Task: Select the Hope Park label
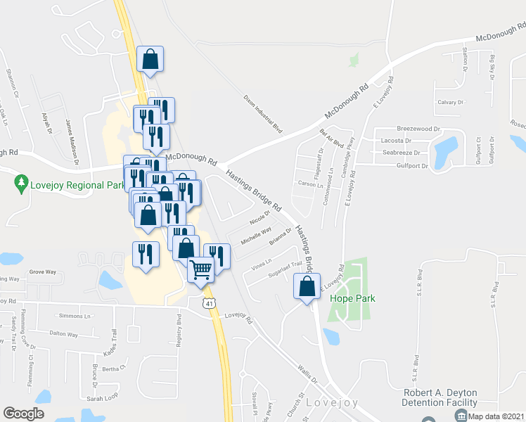352,298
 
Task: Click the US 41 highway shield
209,303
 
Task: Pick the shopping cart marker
201,269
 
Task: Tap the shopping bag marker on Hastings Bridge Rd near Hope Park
307,287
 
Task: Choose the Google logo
23,414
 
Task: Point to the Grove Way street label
41,271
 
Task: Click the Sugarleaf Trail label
286,269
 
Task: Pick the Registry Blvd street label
179,328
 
